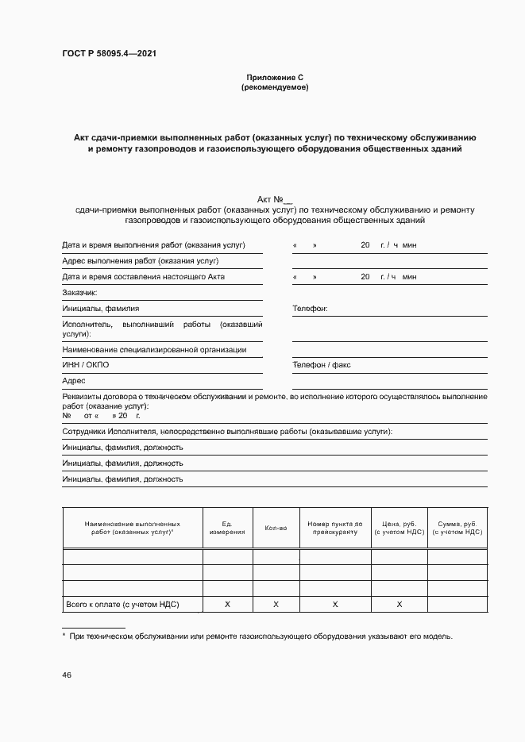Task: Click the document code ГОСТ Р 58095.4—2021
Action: (114, 54)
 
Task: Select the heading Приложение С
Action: (274, 78)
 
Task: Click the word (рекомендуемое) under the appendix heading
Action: (274, 87)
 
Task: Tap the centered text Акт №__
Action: (275, 198)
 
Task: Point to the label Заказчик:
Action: (80, 292)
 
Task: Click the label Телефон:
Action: (310, 309)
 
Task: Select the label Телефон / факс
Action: (321, 365)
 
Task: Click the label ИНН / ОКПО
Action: (86, 365)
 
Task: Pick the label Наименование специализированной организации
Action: (154, 349)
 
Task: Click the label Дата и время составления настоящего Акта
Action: (143, 276)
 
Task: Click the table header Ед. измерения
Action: (227, 528)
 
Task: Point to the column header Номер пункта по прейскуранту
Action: (334, 528)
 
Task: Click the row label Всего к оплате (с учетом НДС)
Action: (123, 605)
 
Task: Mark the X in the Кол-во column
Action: (276, 605)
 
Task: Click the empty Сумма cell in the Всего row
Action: (457, 605)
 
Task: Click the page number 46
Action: (67, 675)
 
